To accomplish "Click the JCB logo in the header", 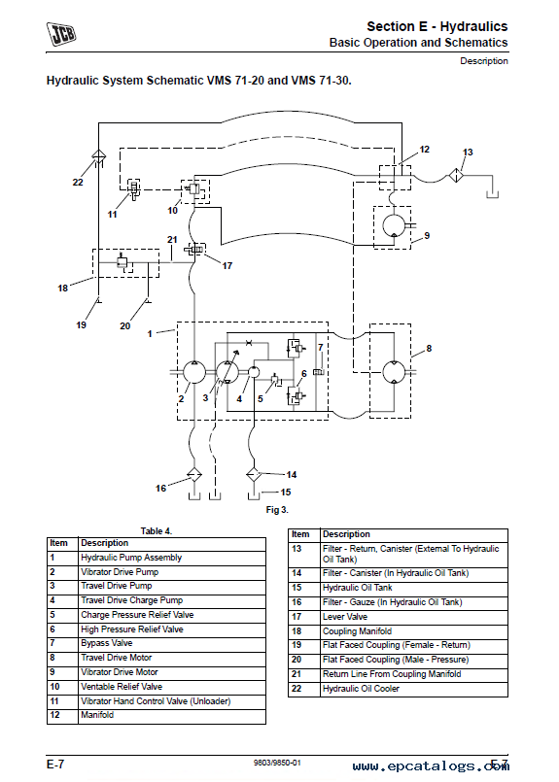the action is tap(61, 33).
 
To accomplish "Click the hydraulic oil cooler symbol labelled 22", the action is tap(99, 155).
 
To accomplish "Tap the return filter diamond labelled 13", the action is tap(456, 176).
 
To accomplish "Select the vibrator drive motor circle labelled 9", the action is tap(395, 225).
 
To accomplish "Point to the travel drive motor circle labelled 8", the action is tap(395, 371).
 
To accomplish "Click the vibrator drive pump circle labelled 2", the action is tap(194, 372).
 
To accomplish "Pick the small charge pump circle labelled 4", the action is tap(254, 371).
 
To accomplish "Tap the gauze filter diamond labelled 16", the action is tap(194, 475).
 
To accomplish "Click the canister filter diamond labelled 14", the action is tap(254, 475).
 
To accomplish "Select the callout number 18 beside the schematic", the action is tap(62, 288).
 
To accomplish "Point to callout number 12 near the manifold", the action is tap(424, 150).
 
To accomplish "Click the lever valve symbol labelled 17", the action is tap(195, 249).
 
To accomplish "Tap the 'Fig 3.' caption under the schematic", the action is tap(277, 510).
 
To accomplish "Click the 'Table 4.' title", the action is tap(157, 531).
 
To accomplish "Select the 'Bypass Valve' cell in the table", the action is tap(107, 643).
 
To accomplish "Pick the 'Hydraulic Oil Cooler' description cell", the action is tap(361, 689).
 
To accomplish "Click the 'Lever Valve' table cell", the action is tap(345, 617).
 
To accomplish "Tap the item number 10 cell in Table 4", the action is tap(54, 687).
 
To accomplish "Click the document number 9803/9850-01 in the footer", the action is tap(277, 763).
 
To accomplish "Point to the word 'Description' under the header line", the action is tap(483, 61).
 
